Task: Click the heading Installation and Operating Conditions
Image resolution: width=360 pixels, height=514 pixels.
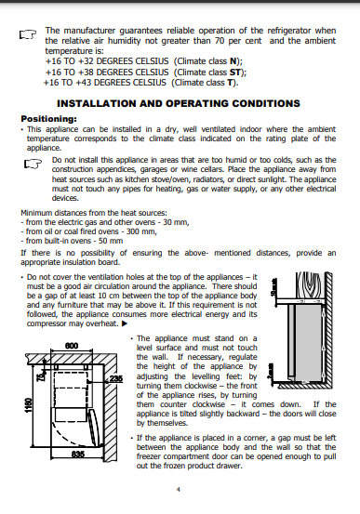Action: [x=179, y=103]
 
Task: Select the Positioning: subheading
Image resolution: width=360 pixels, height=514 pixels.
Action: [x=48, y=119]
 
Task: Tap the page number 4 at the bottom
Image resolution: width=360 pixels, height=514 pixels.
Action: [x=179, y=490]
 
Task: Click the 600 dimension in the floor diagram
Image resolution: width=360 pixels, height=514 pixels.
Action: [x=72, y=346]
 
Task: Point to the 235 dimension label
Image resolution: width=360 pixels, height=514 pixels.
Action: [x=116, y=378]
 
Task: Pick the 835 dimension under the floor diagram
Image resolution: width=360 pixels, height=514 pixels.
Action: [x=78, y=454]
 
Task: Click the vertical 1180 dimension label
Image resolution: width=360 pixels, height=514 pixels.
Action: [x=29, y=405]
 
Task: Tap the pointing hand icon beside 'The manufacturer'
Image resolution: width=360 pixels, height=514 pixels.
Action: [x=28, y=34]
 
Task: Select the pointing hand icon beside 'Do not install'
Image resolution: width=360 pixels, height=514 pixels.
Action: [x=33, y=164]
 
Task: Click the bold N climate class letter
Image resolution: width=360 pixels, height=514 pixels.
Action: [x=233, y=61]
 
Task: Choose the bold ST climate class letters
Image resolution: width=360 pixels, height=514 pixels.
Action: [x=235, y=72]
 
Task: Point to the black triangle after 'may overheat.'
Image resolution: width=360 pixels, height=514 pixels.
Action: [x=125, y=323]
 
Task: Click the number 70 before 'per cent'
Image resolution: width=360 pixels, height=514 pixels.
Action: [x=220, y=41]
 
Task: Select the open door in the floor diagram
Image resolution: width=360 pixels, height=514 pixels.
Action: [x=94, y=428]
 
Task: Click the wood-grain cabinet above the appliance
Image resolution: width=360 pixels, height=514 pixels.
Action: [x=310, y=285]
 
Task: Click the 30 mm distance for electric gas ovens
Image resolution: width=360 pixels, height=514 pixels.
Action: [x=176, y=222]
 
